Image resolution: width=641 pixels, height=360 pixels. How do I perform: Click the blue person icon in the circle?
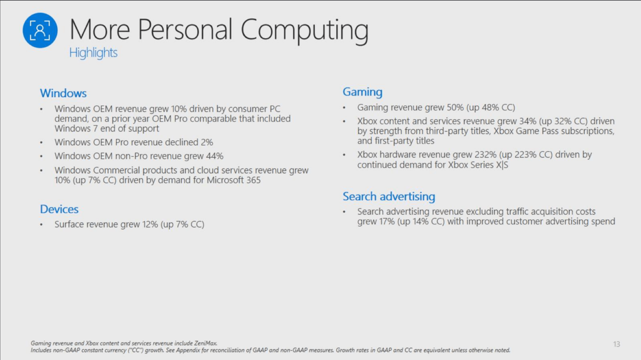(40, 30)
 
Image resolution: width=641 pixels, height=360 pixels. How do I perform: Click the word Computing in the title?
(304, 31)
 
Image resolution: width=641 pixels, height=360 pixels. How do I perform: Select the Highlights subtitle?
(93, 53)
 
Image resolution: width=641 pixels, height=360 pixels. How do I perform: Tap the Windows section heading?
(63, 93)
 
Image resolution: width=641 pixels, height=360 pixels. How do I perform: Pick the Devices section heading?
(59, 209)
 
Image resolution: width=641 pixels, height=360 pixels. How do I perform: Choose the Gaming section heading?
(363, 92)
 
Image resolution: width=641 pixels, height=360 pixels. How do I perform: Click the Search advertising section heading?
(389, 197)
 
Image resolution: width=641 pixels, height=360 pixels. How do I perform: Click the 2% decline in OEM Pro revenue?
(207, 142)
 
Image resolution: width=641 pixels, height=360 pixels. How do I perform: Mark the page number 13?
(617, 344)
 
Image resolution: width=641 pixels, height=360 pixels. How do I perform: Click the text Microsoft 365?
(234, 180)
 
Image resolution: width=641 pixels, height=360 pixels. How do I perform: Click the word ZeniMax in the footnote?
(206, 343)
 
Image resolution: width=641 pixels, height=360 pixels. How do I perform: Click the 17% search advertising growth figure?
(387, 221)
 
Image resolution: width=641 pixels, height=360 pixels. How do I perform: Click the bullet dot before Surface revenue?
(41, 225)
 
